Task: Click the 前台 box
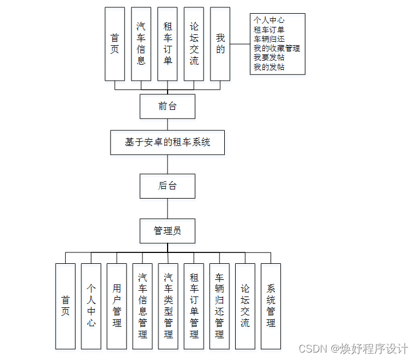coord(168,106)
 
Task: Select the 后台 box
coord(168,186)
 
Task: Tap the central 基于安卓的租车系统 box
coord(168,143)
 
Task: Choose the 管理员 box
coord(168,231)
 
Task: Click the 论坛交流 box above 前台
coord(194,44)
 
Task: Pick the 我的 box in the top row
coord(220,44)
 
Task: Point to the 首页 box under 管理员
coord(65,306)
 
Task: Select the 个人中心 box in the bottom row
coord(91,306)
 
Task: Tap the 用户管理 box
coord(117,306)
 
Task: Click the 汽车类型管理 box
coord(168,306)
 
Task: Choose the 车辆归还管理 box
coord(219,306)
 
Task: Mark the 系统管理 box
coord(271,306)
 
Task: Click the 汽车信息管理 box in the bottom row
coord(142,306)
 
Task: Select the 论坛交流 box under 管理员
coord(245,306)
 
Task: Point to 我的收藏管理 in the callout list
coord(277,49)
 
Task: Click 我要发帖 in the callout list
coord(269,58)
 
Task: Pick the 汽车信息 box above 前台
coord(141,44)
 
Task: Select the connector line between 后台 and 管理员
coord(168,208)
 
